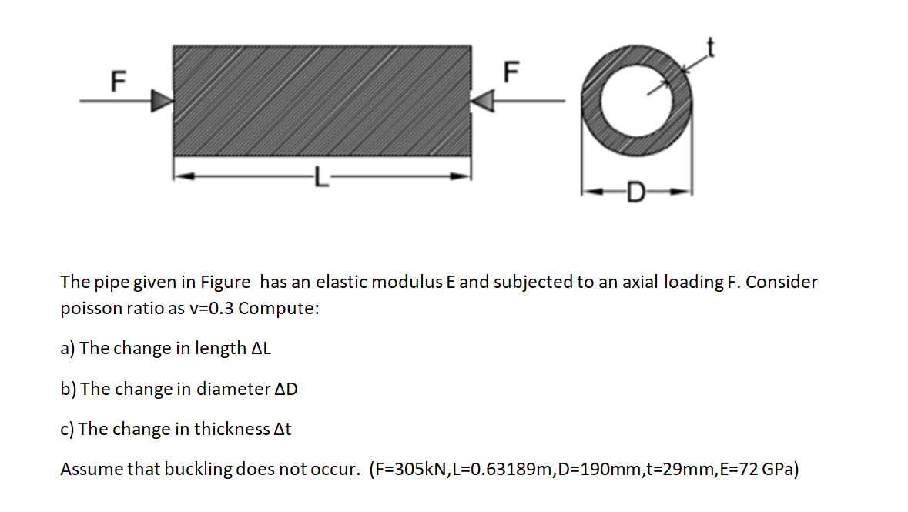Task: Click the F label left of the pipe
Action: pyautogui.click(x=118, y=80)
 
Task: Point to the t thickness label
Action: pyautogui.click(x=712, y=49)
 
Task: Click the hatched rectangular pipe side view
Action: pyautogui.click(x=322, y=100)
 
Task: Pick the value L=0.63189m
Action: pyautogui.click(x=503, y=469)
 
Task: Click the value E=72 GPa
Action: pyautogui.click(x=759, y=469)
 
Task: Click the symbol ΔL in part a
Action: pyautogui.click(x=262, y=348)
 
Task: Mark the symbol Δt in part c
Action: pyautogui.click(x=283, y=429)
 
